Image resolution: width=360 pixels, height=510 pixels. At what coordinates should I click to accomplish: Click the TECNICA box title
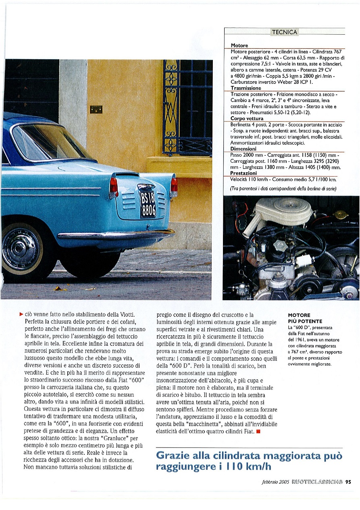coord(285,32)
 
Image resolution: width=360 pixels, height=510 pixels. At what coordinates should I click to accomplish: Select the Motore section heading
coord(239,45)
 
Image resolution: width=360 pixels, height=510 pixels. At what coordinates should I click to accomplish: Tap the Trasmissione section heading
coord(246,88)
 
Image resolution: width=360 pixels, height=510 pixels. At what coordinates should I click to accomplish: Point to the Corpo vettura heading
coord(247,119)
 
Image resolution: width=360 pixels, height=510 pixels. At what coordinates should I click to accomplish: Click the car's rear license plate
coord(147,204)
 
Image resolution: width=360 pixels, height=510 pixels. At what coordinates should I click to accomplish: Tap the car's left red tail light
coord(114,187)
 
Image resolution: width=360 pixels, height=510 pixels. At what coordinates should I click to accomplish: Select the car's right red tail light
coord(174,186)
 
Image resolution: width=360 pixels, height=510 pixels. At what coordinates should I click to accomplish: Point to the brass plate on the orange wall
coord(96,109)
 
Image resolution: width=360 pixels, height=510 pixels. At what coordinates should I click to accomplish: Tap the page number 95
coord(348,481)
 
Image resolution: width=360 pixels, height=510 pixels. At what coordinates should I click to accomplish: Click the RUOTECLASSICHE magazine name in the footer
coord(317,481)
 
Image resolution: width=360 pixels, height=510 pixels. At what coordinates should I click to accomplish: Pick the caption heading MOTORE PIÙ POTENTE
coord(305,318)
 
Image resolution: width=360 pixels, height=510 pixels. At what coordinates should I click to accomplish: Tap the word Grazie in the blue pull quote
coord(175,456)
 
